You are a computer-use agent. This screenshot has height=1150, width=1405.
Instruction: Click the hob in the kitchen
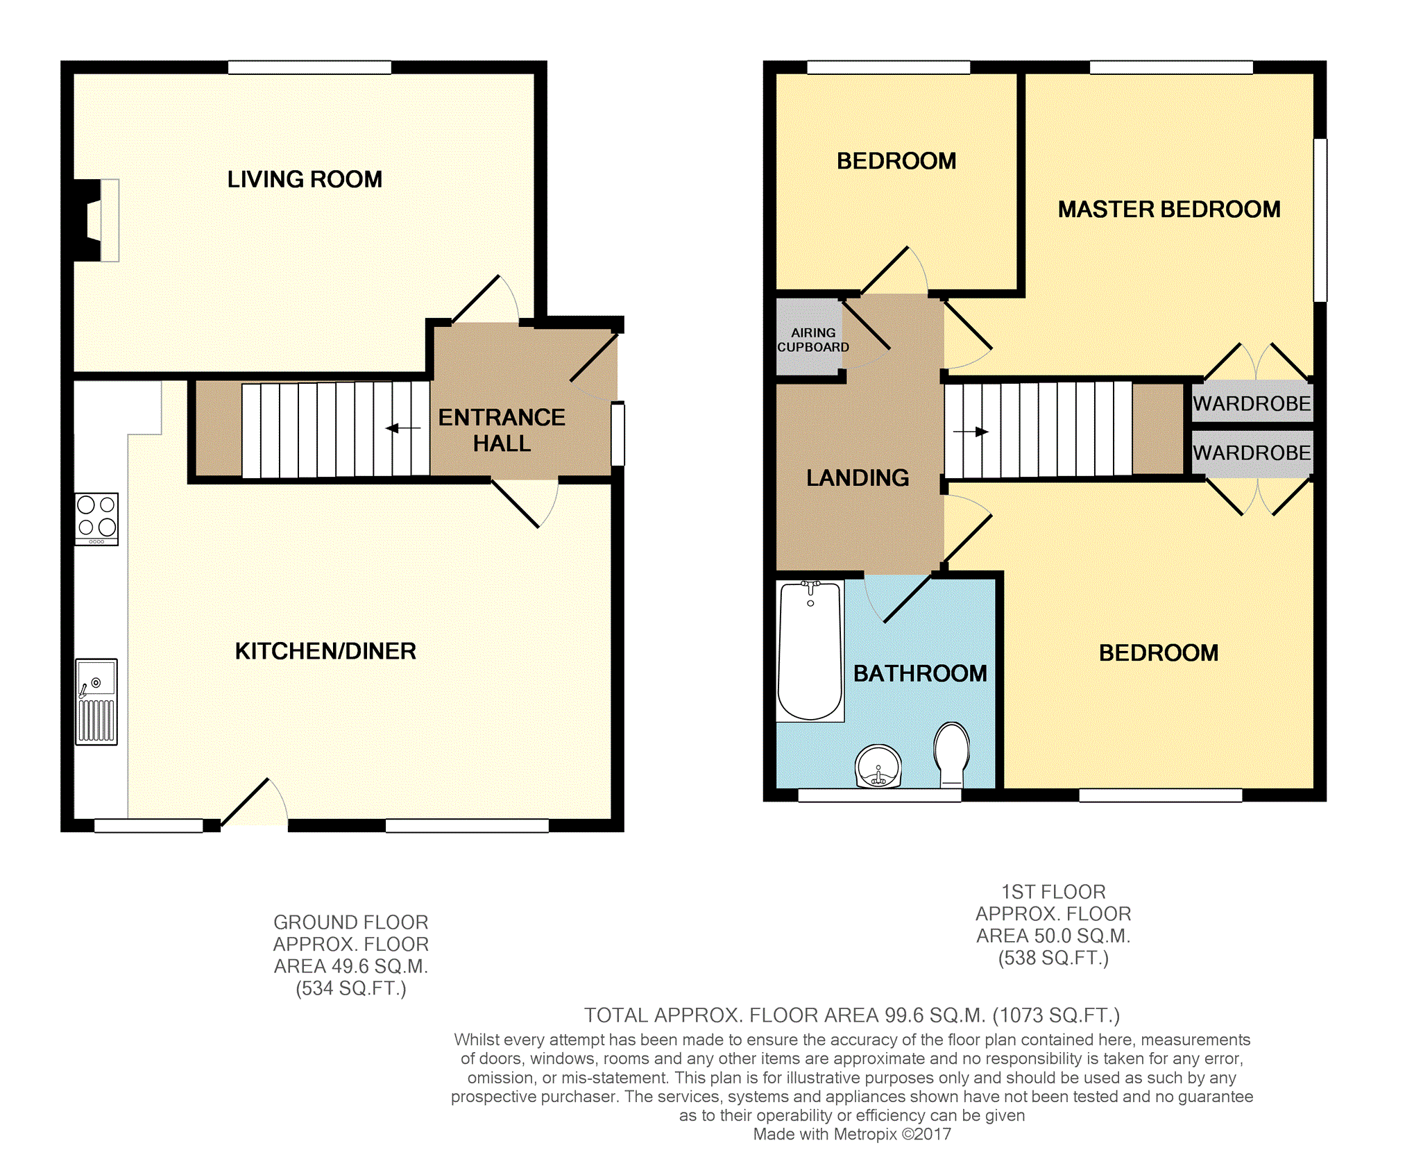click(x=96, y=518)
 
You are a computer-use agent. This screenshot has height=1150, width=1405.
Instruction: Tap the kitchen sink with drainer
click(x=96, y=702)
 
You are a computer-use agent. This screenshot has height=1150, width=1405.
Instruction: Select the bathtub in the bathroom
click(x=810, y=651)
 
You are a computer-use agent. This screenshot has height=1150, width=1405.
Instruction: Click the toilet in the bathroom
click(x=951, y=754)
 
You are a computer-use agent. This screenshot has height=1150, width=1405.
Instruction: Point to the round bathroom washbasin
click(x=878, y=766)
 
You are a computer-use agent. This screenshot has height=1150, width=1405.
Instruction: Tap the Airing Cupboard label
click(x=812, y=340)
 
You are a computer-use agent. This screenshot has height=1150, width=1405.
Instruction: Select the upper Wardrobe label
click(x=1252, y=403)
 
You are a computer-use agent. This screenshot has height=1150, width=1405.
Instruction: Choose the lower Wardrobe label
click(x=1252, y=453)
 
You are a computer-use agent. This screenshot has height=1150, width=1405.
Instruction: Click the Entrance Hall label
click(x=502, y=430)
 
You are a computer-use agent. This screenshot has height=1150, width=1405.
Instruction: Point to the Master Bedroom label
click(x=1169, y=209)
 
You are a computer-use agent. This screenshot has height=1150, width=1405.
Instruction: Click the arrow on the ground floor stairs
click(x=403, y=428)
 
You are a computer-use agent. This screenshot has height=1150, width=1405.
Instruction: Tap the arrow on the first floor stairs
click(x=971, y=432)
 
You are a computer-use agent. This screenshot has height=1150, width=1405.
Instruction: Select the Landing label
click(x=858, y=477)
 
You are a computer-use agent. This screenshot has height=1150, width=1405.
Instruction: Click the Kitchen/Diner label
click(x=325, y=651)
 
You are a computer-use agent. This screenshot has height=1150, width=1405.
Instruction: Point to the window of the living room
click(x=309, y=67)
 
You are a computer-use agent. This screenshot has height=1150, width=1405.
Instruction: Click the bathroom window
click(x=880, y=795)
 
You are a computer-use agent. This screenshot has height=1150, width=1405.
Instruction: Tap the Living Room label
click(x=305, y=179)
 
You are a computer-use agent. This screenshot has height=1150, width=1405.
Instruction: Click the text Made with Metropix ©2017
click(x=852, y=1134)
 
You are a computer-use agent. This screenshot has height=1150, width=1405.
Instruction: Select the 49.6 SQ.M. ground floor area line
click(x=351, y=966)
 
